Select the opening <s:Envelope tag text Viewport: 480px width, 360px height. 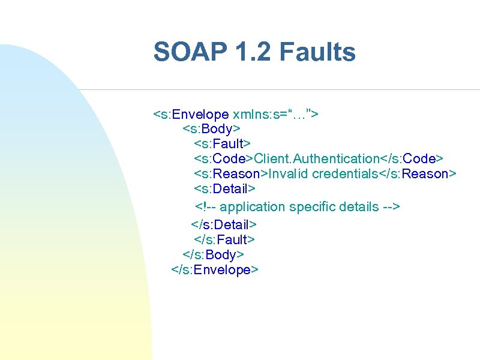191,114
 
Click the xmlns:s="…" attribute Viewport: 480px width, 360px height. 275,114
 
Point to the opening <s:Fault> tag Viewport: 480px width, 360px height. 223,144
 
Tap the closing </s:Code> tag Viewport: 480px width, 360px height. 412,159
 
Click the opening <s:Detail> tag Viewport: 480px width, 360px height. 225,189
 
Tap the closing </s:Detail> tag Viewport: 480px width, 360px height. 224,225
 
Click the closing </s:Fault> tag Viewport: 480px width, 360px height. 225,240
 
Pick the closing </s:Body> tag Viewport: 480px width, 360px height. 213,255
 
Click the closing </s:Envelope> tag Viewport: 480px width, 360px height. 215,270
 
